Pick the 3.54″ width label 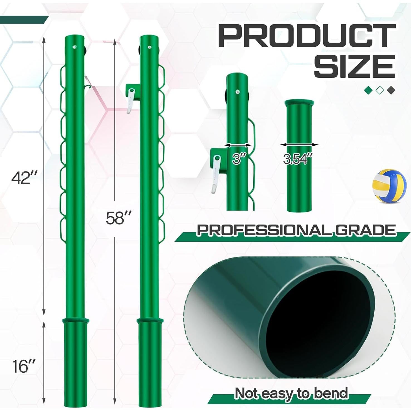tap(297, 159)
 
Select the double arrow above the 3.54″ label tap(299, 145)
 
